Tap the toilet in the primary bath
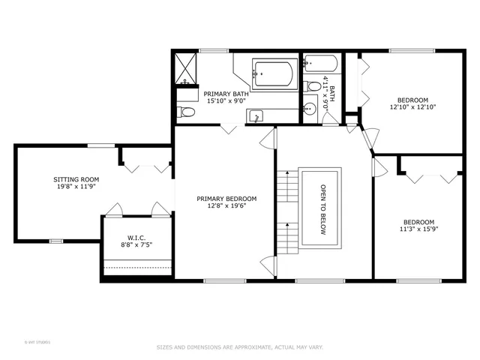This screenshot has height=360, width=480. click(x=187, y=112)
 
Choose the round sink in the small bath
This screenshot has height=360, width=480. click(x=310, y=109)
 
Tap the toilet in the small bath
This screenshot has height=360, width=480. click(x=313, y=86)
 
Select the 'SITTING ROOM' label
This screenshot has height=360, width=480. click(x=76, y=179)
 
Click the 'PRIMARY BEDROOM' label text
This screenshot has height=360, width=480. click(x=226, y=199)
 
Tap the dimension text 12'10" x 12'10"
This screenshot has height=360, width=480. click(x=412, y=107)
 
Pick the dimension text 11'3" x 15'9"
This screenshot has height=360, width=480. click(x=418, y=229)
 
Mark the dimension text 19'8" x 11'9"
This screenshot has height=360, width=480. click(x=76, y=187)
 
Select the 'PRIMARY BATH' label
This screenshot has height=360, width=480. click(x=226, y=94)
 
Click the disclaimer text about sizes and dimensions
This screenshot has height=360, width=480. click(x=239, y=346)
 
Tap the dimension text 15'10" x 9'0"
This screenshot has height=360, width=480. click(x=226, y=101)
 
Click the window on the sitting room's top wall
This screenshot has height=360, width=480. click(x=97, y=145)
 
